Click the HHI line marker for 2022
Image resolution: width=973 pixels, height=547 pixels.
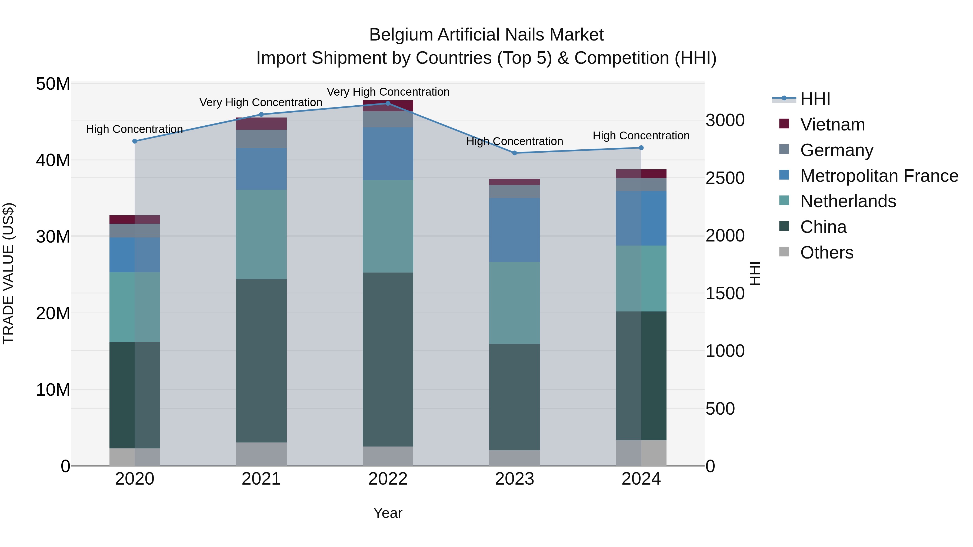[388, 103]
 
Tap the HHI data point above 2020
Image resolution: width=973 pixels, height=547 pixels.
[135, 141]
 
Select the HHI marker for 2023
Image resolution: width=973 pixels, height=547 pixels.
[514, 153]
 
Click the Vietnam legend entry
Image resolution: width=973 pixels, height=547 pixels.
[832, 125]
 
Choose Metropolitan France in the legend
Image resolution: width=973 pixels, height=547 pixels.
[879, 176]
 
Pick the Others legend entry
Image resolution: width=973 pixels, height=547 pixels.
[827, 253]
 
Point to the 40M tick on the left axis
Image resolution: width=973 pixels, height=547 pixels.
[53, 160]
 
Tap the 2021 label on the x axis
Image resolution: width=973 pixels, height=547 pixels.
[261, 479]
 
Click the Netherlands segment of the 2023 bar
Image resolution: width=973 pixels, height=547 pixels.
[514, 303]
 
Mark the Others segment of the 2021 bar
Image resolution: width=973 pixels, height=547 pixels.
[261, 454]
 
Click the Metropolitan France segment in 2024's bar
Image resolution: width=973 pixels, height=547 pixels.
[641, 218]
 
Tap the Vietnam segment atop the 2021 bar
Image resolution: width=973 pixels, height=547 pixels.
[261, 123]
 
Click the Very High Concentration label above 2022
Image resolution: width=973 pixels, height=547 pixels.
[388, 92]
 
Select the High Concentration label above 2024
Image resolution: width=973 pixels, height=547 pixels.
[641, 136]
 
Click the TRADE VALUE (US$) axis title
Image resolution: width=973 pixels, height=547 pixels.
[8, 273]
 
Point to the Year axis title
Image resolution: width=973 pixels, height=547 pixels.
[388, 513]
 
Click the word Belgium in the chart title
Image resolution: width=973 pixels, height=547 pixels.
[401, 35]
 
